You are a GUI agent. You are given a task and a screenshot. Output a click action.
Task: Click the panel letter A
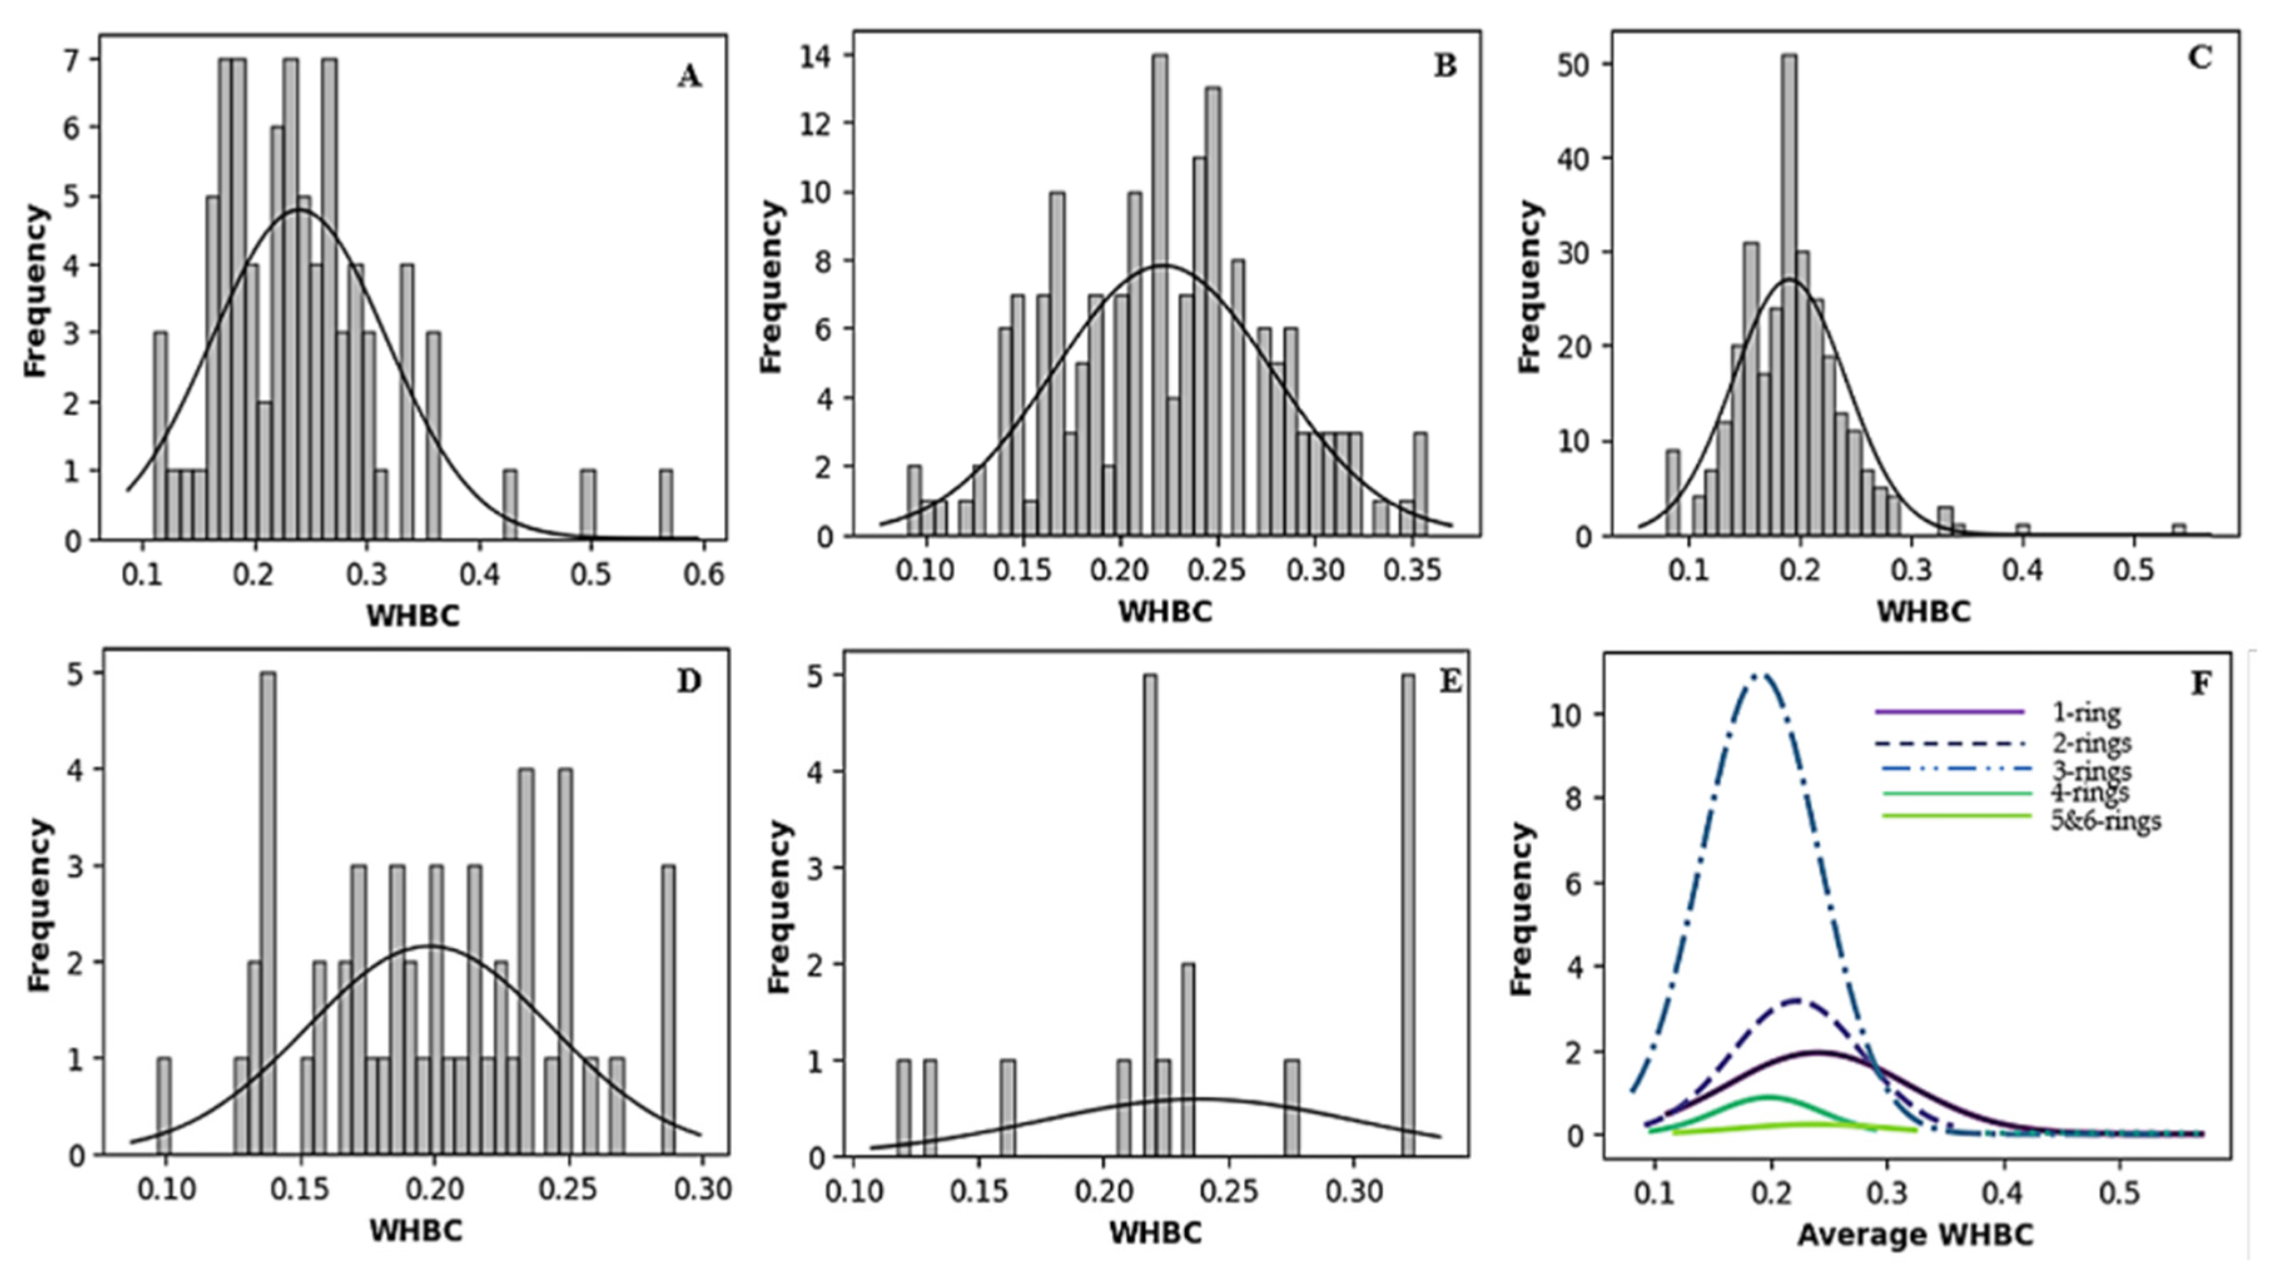pyautogui.click(x=689, y=78)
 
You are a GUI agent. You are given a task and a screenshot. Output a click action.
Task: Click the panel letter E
pyautogui.click(x=1450, y=682)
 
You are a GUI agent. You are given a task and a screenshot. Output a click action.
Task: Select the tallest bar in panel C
pyautogui.click(x=1788, y=295)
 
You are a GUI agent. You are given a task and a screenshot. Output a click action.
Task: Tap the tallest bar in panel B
pyautogui.click(x=1161, y=295)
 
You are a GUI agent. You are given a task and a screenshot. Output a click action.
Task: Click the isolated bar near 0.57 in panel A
pyautogui.click(x=665, y=504)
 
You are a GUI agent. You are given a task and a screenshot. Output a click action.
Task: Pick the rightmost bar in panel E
pyautogui.click(x=1407, y=914)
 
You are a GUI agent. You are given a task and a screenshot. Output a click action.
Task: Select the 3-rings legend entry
pyautogui.click(x=2091, y=770)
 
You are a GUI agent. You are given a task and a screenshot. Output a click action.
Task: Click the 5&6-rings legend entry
pyautogui.click(x=2105, y=821)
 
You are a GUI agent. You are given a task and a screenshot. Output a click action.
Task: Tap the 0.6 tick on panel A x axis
pyautogui.click(x=703, y=575)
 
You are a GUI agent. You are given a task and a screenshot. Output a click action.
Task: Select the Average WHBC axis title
pyautogui.click(x=1915, y=1235)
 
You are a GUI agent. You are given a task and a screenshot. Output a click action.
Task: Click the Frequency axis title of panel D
pyautogui.click(x=38, y=905)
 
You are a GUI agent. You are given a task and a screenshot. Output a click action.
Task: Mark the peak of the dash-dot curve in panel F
pyautogui.click(x=1757, y=676)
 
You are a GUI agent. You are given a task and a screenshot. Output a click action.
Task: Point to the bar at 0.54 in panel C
pyautogui.click(x=2178, y=530)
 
